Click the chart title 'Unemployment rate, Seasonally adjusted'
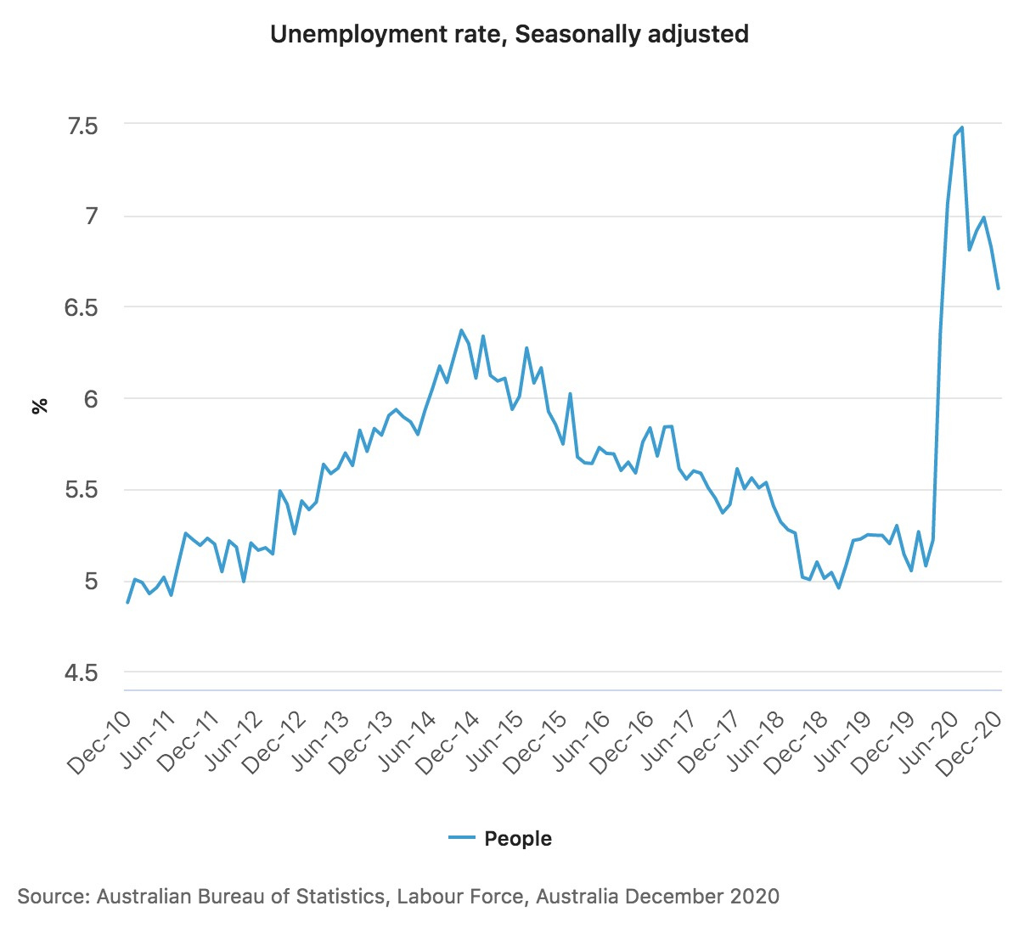tap(509, 34)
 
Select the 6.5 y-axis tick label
tap(82, 307)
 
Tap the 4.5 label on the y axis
tap(82, 673)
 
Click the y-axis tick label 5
tap(92, 582)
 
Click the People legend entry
tap(517, 839)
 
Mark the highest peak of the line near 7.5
tap(961, 127)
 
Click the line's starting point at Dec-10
tap(127, 602)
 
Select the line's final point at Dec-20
tap(998, 289)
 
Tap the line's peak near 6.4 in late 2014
tap(461, 330)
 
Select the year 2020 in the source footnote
tap(754, 897)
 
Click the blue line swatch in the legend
tap(461, 839)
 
